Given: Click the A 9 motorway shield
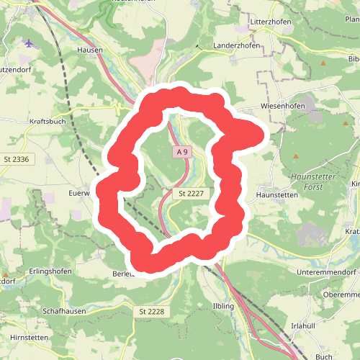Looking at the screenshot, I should coord(183,152).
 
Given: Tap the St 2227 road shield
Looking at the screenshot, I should coord(192,194).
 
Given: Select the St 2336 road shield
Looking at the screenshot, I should coord(16,159).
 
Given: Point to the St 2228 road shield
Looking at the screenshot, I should coord(150,310).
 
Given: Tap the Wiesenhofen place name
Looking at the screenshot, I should coord(281,106).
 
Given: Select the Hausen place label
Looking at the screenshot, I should coord(90,50).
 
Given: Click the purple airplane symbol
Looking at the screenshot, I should coord(30,43).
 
